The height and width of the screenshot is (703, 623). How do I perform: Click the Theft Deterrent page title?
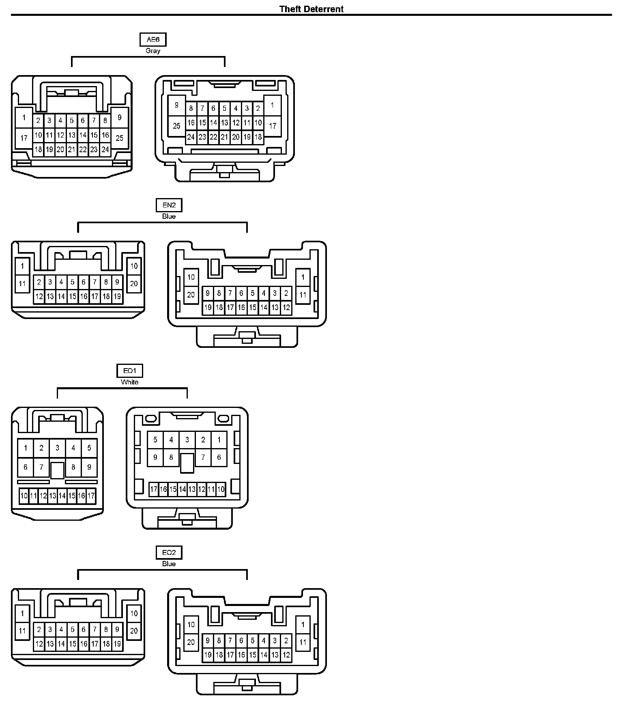[311, 9]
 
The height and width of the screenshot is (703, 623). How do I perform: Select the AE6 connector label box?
[153, 39]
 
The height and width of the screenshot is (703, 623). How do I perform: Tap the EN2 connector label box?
[169, 205]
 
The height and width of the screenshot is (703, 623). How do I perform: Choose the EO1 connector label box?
[129, 371]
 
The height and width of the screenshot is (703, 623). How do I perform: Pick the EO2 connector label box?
[169, 552]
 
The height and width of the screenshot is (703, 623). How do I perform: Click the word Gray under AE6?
[153, 51]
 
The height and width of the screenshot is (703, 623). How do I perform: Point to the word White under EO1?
[129, 382]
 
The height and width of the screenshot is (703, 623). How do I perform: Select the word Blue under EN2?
[169, 216]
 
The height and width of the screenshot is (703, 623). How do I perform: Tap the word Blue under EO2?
[169, 564]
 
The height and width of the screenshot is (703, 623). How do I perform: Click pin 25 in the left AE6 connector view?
[119, 138]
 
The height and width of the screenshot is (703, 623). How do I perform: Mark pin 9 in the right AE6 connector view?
[176, 105]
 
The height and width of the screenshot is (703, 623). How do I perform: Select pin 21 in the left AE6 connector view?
[71, 149]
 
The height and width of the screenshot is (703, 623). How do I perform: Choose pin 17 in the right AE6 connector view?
[273, 126]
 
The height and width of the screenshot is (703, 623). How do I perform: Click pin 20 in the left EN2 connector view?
[134, 284]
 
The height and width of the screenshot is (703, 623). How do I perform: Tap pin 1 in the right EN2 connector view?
[303, 278]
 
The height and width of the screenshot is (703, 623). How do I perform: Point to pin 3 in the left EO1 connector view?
[57, 448]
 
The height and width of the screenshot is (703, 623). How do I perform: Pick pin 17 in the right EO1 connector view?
[154, 490]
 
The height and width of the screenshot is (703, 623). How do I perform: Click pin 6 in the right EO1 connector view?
[219, 457]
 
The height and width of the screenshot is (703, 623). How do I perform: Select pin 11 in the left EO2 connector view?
[22, 631]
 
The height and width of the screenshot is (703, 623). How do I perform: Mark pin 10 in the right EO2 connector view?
[191, 625]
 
